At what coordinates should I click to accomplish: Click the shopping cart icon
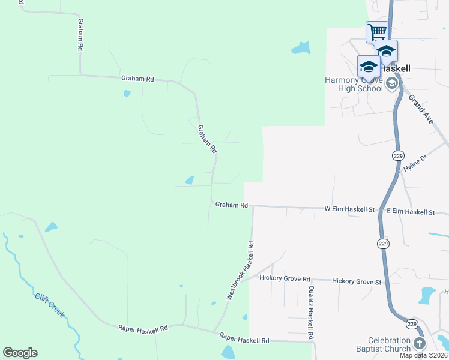[377, 31]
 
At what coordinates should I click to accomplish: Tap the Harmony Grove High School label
[354, 84]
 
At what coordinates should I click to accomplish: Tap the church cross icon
[419, 344]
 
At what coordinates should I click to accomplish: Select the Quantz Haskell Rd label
[310, 313]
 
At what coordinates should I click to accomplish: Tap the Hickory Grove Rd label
[285, 278]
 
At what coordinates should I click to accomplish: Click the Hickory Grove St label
[357, 281]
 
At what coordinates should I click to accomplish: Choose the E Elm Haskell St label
[411, 212]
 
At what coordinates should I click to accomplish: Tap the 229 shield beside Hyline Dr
[398, 155]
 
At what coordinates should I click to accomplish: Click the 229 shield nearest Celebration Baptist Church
[411, 324]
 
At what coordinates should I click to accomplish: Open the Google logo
[20, 353]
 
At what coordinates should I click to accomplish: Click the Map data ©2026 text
[424, 355]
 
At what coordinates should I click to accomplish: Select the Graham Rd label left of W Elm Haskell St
[232, 205]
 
